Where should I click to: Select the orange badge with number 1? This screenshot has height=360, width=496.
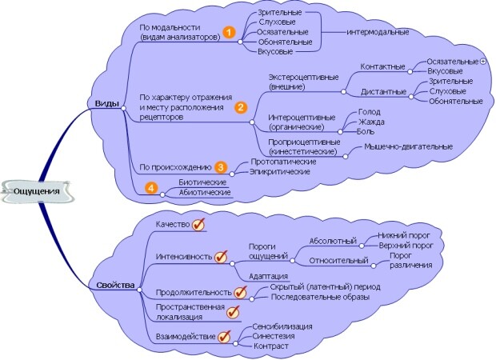(x=229, y=32)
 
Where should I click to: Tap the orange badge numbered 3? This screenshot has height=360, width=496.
(x=221, y=167)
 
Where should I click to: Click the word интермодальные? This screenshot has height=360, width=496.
(x=378, y=32)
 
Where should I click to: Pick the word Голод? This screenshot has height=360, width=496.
(x=369, y=113)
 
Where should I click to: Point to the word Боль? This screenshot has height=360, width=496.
(x=366, y=132)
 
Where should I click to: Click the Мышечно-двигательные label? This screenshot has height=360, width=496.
(x=408, y=146)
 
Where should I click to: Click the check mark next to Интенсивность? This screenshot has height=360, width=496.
(x=222, y=257)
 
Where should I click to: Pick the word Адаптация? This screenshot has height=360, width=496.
(x=268, y=275)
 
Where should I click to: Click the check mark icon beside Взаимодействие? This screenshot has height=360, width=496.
(x=225, y=337)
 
